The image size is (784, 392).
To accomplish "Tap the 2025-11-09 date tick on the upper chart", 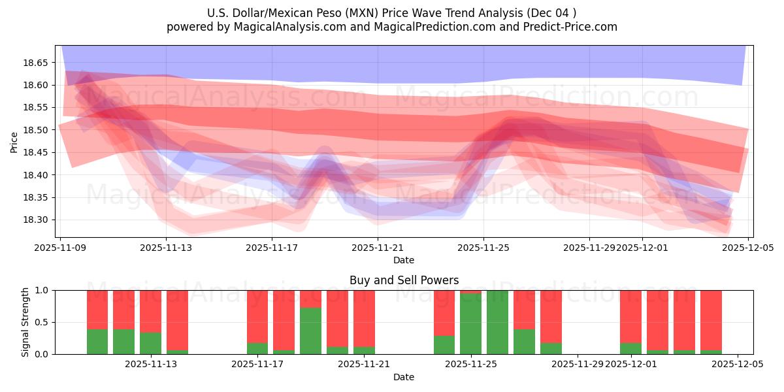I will pyautogui.click(x=60, y=248).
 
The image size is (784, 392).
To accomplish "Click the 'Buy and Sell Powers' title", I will pyautogui.click(x=404, y=280).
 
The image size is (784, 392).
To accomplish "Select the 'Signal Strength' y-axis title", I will pyautogui.click(x=25, y=322).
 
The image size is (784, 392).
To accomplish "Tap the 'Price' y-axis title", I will pyautogui.click(x=14, y=142).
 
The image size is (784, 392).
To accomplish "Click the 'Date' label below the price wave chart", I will pyautogui.click(x=404, y=260).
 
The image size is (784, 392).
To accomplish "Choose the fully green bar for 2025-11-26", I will pyautogui.click(x=497, y=322).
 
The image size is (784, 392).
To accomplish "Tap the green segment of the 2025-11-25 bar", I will pyautogui.click(x=470, y=324).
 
